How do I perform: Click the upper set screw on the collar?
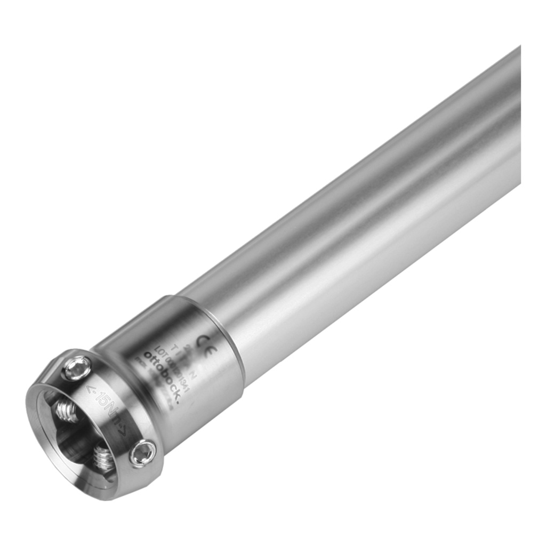[78, 367]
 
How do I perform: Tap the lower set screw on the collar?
[143, 454]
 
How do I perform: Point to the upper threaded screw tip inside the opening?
[66, 411]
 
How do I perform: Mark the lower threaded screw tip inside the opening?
[103, 459]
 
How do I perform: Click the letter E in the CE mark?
[210, 344]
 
